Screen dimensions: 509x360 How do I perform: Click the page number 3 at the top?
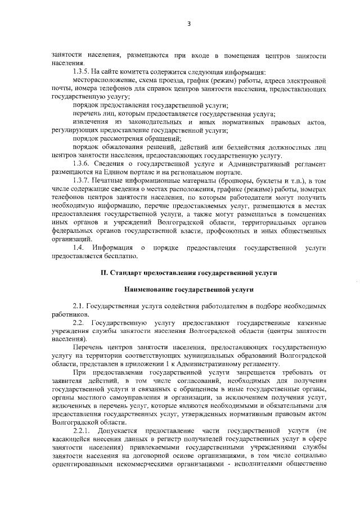click(x=189, y=24)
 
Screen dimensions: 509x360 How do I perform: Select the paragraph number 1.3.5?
click(x=83, y=73)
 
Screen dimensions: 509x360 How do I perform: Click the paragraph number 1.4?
click(x=79, y=247)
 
